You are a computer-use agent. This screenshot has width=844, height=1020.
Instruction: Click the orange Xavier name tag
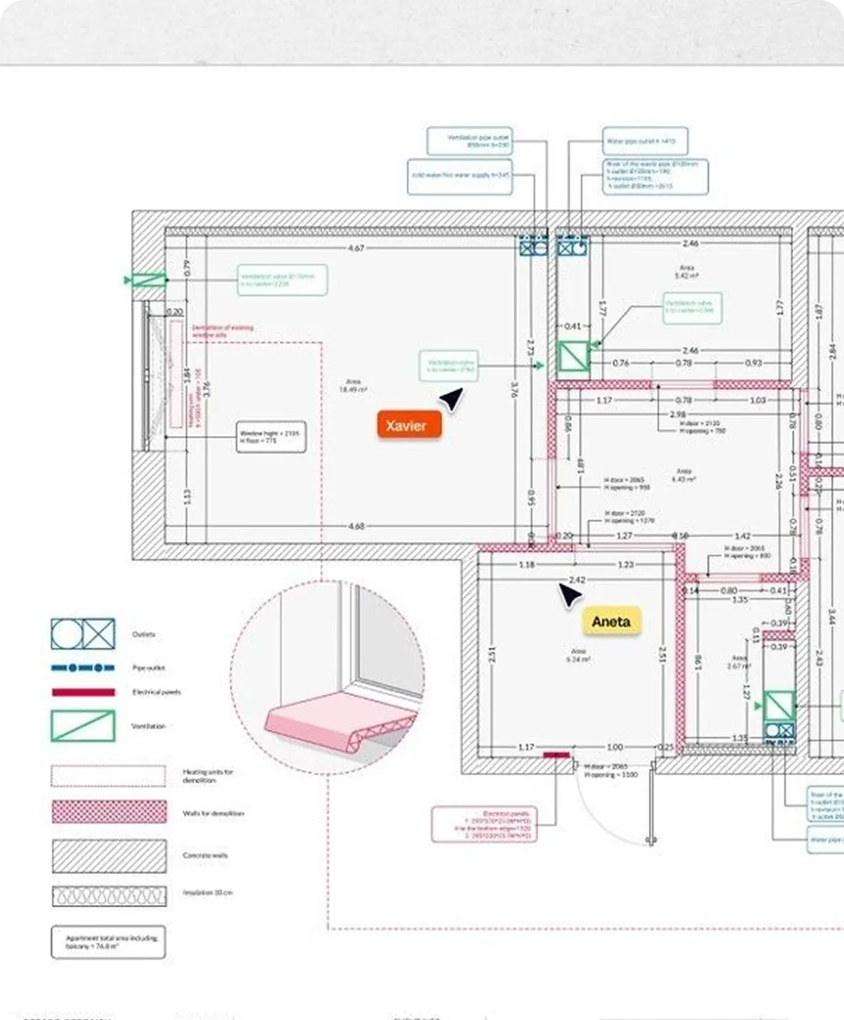point(409,425)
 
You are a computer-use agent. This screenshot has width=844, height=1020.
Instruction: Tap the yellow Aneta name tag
point(611,621)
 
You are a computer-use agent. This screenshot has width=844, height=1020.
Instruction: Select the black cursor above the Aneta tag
point(569,595)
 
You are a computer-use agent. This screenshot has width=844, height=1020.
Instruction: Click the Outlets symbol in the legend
point(83,634)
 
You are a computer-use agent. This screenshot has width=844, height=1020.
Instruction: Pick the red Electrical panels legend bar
point(83,692)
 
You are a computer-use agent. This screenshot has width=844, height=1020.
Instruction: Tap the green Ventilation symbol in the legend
point(83,726)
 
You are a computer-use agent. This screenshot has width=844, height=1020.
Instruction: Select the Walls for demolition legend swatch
point(109,812)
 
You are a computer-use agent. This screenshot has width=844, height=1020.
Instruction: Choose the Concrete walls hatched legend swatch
point(109,856)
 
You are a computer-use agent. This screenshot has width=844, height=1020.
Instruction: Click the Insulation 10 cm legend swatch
point(109,896)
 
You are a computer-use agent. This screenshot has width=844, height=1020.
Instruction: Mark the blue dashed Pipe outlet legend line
point(83,668)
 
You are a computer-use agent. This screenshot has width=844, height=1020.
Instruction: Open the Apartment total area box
point(108,942)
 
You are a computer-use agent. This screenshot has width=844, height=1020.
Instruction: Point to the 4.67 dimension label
point(356,248)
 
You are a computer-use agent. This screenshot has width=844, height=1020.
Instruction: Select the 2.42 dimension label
point(577,580)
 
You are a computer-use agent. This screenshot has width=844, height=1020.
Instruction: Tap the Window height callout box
point(271,437)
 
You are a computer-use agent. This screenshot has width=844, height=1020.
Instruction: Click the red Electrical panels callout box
point(484,825)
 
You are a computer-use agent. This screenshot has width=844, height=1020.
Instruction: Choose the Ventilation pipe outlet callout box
point(470,141)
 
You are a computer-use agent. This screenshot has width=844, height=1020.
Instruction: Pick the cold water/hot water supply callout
point(460,176)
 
